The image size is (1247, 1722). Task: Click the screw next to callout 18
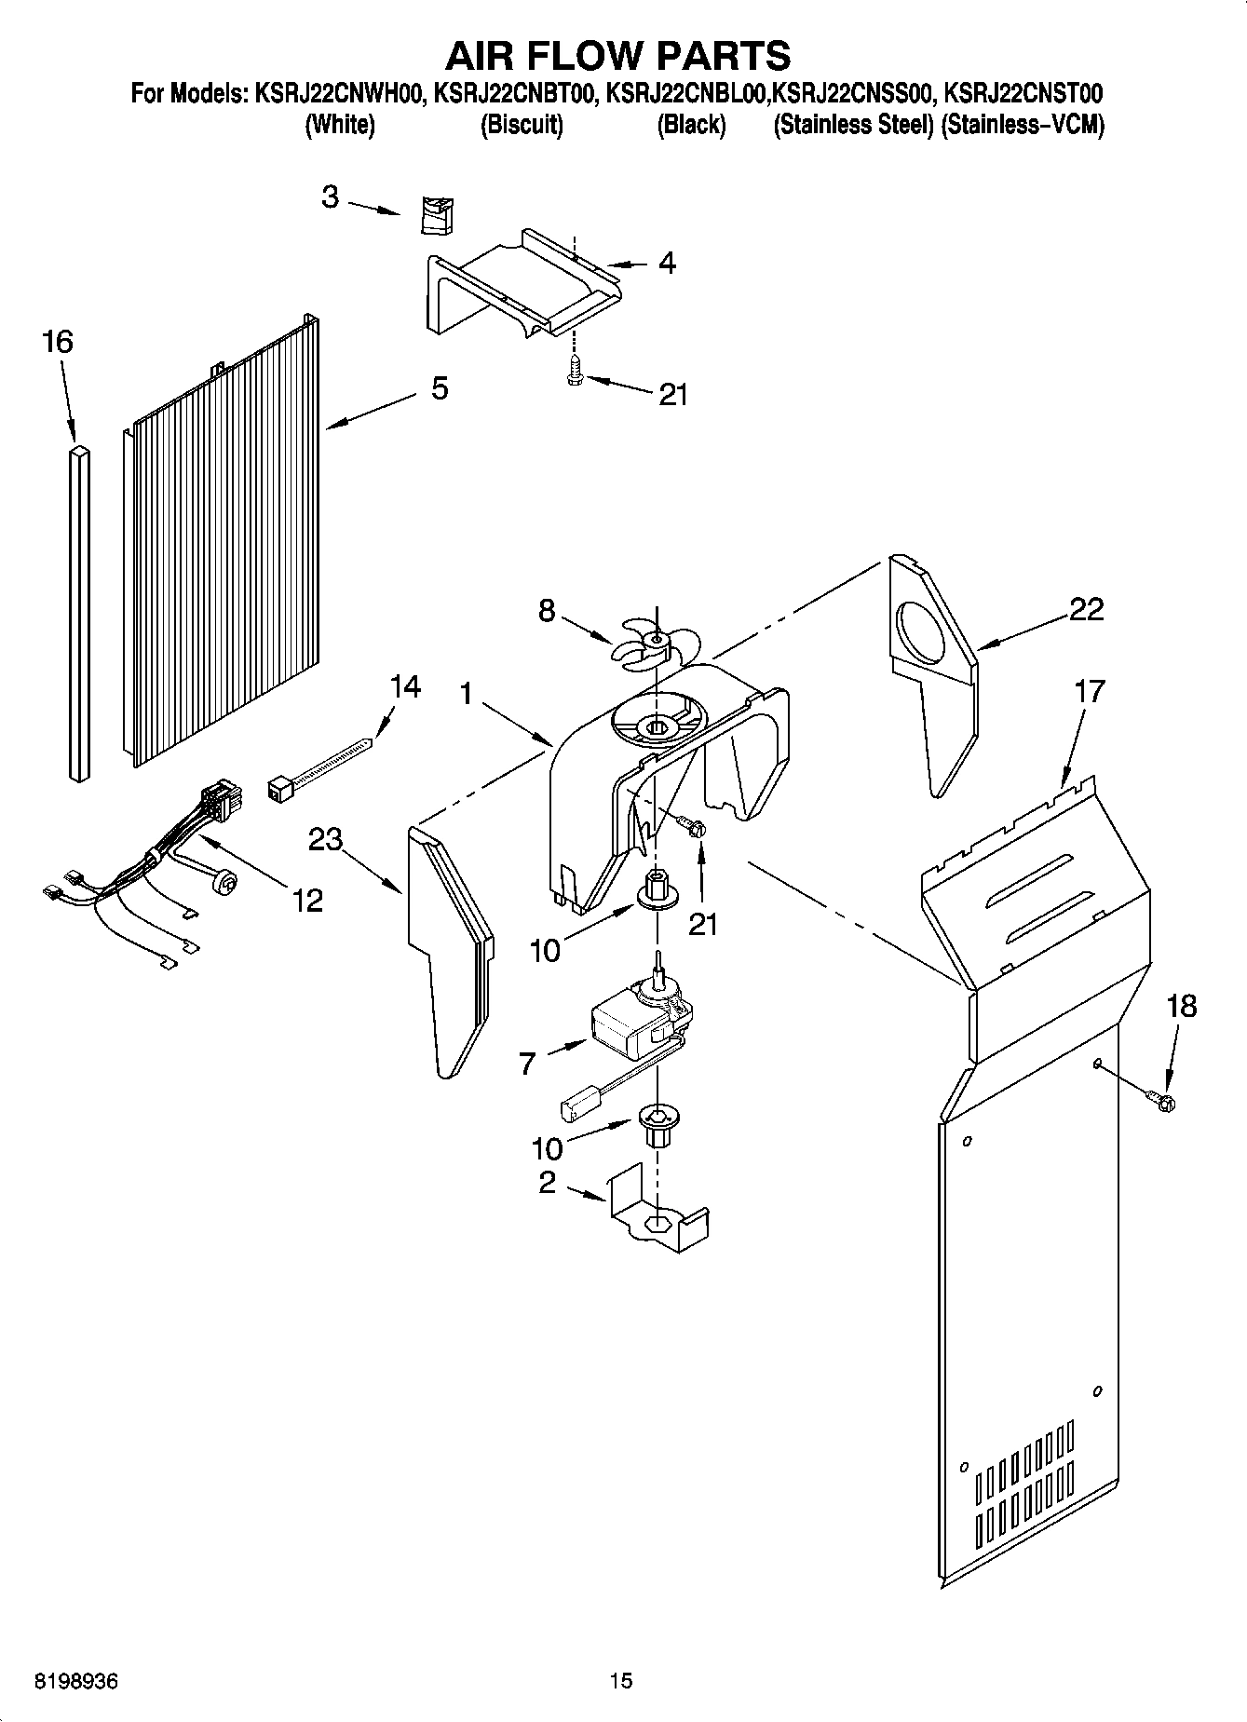[x=1162, y=1101]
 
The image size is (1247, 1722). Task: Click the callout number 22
[x=1086, y=610]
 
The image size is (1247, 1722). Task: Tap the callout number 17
[x=1089, y=691]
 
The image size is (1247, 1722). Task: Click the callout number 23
[x=326, y=840]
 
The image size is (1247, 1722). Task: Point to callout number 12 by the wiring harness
[x=307, y=900]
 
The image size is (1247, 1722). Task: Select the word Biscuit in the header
[x=522, y=126]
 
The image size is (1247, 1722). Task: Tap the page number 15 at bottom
[x=621, y=1681]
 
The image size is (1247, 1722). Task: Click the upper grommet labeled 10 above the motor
[x=657, y=891]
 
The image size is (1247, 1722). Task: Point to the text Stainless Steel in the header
[x=853, y=126]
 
